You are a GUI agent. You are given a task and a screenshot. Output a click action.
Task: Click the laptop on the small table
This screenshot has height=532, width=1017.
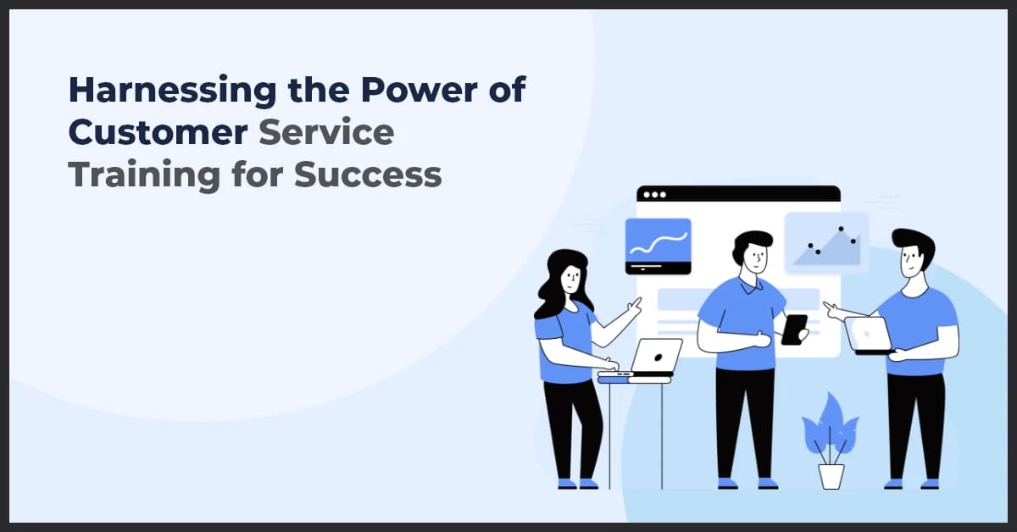tap(653, 357)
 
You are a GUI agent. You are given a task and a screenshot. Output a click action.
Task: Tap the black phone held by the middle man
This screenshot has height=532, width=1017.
tap(794, 329)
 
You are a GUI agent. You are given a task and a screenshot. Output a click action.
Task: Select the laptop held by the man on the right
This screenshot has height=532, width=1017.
tap(869, 335)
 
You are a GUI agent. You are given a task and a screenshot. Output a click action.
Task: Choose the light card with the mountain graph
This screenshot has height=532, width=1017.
tap(826, 242)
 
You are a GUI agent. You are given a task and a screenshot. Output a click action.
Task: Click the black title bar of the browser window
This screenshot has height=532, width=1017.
tap(738, 194)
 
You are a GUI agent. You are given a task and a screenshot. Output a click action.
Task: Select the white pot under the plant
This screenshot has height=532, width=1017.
tap(831, 475)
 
